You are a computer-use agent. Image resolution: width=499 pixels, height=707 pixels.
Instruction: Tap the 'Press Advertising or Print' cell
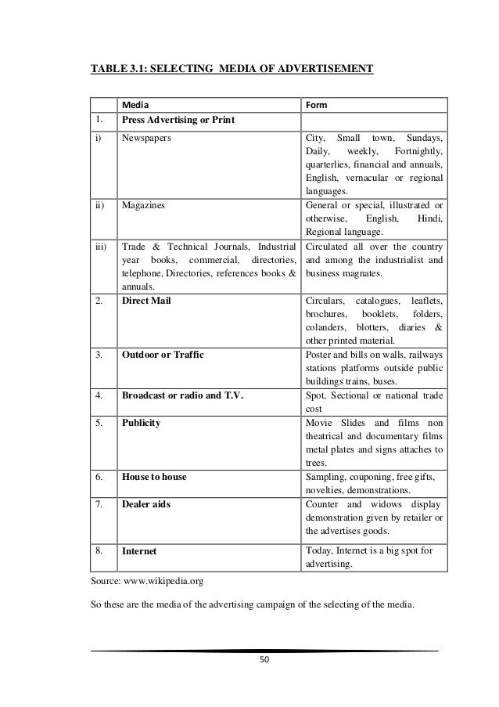179,121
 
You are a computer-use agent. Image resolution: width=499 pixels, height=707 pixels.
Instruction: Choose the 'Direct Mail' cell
146,301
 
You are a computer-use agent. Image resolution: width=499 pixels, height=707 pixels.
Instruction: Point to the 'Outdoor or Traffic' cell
163,355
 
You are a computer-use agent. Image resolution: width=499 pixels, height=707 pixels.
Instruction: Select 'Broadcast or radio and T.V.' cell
182,395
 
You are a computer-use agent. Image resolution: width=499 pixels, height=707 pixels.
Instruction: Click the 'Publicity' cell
142,422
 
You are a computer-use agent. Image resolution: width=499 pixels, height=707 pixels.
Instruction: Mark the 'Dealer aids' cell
146,503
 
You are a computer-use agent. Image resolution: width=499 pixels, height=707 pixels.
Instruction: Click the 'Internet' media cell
139,550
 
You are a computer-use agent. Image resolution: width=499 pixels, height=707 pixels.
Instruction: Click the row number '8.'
99,550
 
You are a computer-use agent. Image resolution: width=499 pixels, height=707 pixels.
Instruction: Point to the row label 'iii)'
101,247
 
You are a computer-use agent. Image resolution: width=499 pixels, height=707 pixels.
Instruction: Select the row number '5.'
99,422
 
